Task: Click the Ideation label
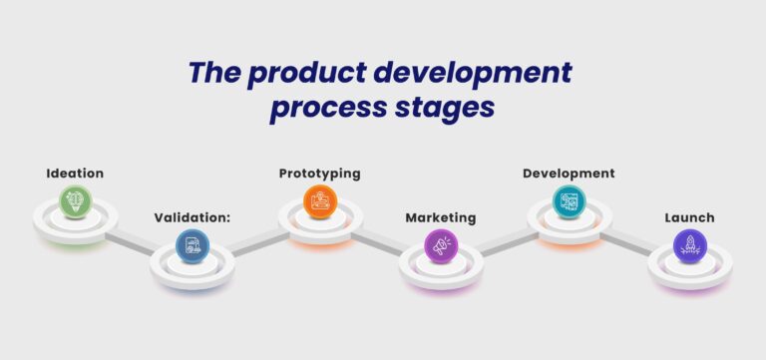pyautogui.click(x=75, y=174)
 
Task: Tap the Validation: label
pyautogui.click(x=192, y=217)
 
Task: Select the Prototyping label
pyautogui.click(x=319, y=174)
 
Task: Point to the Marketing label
pyautogui.click(x=440, y=217)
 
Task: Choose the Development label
pyautogui.click(x=569, y=174)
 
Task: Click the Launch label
pyautogui.click(x=689, y=217)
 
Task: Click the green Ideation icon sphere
pyautogui.click(x=75, y=201)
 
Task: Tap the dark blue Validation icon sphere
pyautogui.click(x=192, y=245)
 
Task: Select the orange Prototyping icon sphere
pyautogui.click(x=319, y=201)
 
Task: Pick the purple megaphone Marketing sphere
pyautogui.click(x=440, y=245)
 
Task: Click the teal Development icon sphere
pyautogui.click(x=569, y=201)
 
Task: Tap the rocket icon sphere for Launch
pyautogui.click(x=689, y=245)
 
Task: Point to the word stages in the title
pyautogui.click(x=450, y=108)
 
